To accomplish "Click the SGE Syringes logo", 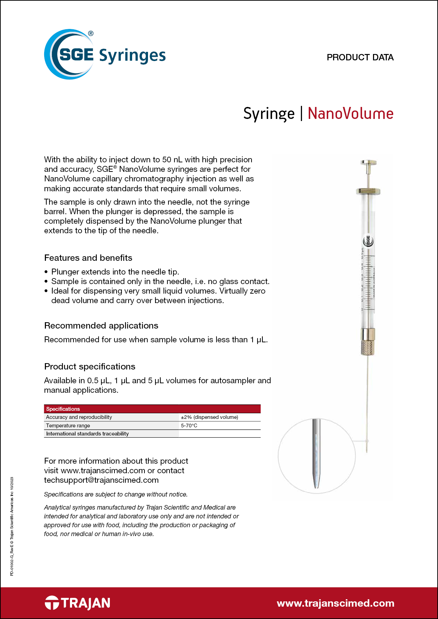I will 105,55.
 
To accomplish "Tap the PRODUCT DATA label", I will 360,58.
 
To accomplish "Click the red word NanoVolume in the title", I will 350,114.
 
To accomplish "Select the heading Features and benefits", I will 88,258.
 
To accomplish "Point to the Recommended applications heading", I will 101,326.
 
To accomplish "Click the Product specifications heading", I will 90,367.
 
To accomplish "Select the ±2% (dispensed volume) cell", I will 209,417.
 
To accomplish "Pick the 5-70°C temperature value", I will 189,426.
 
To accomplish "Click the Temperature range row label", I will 68,426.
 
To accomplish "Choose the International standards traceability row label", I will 88,434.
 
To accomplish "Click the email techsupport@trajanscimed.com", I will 101,480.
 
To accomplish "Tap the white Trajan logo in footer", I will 78,603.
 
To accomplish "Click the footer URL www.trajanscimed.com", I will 336,603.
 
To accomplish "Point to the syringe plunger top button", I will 368,163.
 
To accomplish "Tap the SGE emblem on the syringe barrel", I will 368,241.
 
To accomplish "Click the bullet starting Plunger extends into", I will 115,272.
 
